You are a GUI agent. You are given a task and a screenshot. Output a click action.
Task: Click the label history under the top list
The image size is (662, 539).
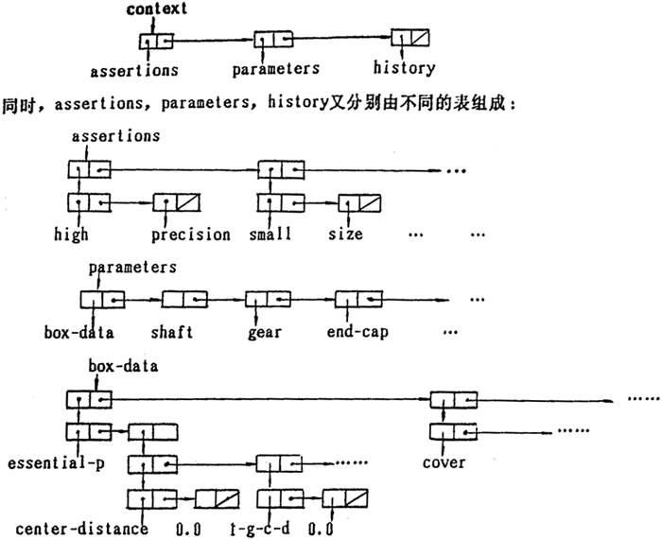coord(404,67)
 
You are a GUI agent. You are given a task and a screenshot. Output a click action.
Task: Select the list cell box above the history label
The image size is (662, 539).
coord(410,41)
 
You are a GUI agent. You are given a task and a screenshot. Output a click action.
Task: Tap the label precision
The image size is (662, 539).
coord(191,234)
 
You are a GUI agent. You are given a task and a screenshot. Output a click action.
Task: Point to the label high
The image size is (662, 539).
coord(72,234)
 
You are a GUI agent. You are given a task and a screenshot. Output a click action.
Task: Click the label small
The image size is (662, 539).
coord(272,234)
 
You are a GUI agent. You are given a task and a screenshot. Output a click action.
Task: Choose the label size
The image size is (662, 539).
coord(345,234)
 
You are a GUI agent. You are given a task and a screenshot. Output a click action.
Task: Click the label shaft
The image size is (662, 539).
coord(171,332)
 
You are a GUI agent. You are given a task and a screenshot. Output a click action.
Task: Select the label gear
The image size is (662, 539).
coord(266,332)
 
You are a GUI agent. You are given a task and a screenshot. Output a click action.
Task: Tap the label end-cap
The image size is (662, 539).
coord(357,332)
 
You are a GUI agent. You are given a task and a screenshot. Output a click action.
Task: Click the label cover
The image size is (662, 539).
coord(444,462)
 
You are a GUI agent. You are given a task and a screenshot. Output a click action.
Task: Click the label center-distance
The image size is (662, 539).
coord(82,528)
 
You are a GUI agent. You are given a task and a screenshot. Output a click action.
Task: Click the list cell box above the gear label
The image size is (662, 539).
coord(266,300)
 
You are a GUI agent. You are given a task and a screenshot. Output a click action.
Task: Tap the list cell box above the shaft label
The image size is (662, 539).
coord(184,300)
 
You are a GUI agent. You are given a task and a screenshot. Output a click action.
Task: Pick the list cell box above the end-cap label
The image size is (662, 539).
coord(357,300)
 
